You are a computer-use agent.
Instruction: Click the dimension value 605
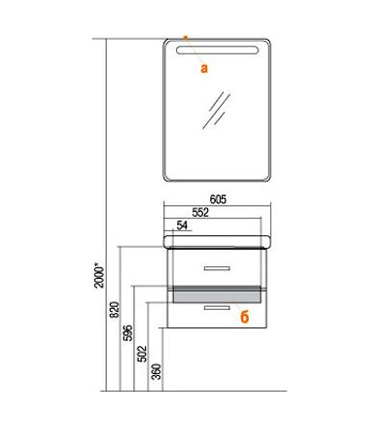[x=218, y=199]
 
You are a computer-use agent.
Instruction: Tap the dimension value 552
[x=200, y=213]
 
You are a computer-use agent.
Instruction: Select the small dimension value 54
[x=182, y=225]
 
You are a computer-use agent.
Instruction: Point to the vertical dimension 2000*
[x=99, y=277]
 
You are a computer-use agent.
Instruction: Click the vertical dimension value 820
[x=115, y=310]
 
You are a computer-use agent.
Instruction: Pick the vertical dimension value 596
[x=128, y=332]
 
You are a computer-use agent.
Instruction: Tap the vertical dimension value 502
[x=142, y=354]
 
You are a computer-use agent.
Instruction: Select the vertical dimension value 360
[x=156, y=371]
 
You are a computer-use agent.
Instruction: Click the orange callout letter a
[x=204, y=68]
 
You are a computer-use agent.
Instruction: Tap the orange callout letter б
[x=245, y=317]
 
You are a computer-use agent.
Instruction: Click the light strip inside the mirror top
[x=217, y=51]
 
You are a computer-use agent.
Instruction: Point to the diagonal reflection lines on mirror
[x=216, y=110]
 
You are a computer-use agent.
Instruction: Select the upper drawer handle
[x=217, y=268]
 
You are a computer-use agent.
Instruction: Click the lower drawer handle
[x=217, y=307]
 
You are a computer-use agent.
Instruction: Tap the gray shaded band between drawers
[x=217, y=294]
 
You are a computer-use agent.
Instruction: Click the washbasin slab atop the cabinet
[x=217, y=242]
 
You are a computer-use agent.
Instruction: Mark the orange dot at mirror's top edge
[x=186, y=38]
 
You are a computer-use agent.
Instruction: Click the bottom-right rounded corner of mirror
[x=266, y=178]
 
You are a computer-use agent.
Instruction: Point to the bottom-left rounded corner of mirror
[x=167, y=178]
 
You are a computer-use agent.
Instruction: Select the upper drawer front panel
[x=217, y=267]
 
